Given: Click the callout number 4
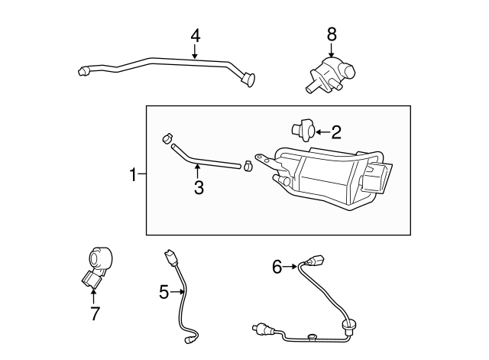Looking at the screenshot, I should click(195, 35).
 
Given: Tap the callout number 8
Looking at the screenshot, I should click(332, 34).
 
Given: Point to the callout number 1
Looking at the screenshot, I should click(133, 175).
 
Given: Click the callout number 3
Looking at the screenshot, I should click(199, 186).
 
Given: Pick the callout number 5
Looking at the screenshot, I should click(164, 291).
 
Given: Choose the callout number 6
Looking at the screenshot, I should click(277, 266).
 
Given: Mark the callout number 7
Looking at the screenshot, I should click(95, 313).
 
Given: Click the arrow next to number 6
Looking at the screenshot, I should click(293, 266).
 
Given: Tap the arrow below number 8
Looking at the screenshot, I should click(332, 49).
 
